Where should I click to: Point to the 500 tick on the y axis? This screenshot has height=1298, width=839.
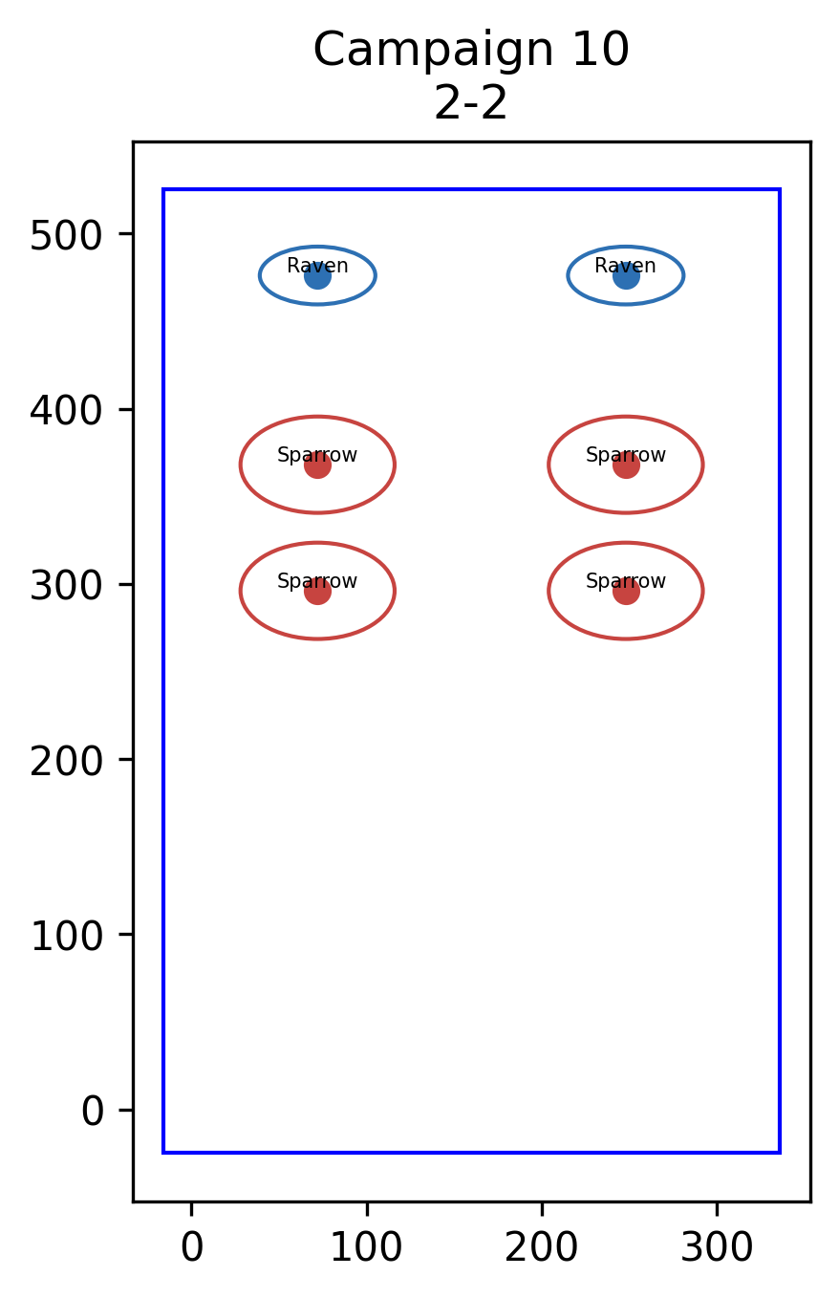(66, 236)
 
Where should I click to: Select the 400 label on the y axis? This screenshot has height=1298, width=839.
(66, 411)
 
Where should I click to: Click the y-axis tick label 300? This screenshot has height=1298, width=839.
(66, 587)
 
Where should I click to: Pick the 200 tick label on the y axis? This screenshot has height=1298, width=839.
(66, 762)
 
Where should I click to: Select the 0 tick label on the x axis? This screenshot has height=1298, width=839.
(192, 1247)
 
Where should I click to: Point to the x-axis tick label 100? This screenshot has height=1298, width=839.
(366, 1247)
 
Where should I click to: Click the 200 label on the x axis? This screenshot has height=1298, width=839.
(541, 1247)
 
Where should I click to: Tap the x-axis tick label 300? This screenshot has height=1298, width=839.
(717, 1247)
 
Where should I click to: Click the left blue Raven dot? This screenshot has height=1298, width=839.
(317, 276)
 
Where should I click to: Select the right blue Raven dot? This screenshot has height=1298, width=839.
(626, 276)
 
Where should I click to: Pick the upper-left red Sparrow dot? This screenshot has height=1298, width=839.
(317, 465)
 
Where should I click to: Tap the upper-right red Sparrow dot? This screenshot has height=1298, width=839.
(626, 465)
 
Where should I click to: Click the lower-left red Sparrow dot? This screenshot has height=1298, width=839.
(317, 591)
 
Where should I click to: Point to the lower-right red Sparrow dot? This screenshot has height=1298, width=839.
(626, 591)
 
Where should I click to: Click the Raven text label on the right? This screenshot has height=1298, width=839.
(625, 266)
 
